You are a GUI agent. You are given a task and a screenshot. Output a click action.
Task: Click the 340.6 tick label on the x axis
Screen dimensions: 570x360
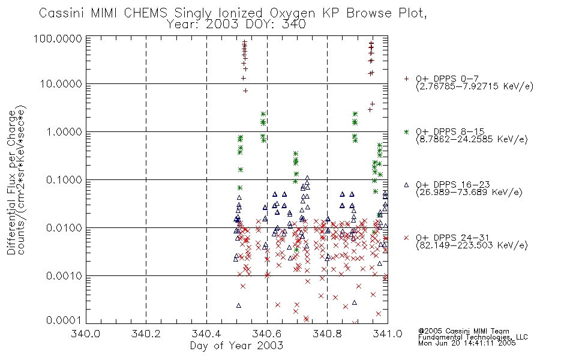click(267, 334)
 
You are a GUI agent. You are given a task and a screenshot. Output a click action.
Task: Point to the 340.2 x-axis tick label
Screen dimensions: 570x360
click(146, 334)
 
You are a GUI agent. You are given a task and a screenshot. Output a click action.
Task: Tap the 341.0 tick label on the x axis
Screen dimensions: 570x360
click(388, 334)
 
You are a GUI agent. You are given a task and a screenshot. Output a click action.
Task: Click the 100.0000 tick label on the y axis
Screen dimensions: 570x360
click(58, 38)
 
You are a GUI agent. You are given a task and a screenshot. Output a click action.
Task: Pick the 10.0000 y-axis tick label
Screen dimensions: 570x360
click(61, 84)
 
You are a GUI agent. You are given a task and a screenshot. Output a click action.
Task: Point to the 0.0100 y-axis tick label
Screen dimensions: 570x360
click(64, 228)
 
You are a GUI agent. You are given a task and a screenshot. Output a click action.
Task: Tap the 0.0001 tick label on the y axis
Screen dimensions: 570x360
click(64, 320)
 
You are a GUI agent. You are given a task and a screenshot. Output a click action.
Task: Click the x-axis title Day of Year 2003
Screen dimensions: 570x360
click(236, 346)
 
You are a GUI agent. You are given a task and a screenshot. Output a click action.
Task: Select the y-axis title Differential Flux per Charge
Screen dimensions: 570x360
click(11, 182)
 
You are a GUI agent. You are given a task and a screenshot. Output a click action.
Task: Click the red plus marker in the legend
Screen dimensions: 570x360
click(406, 79)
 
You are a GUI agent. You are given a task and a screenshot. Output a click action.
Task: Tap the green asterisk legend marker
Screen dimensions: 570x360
click(406, 131)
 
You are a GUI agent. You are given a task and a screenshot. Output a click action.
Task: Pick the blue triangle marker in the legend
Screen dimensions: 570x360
click(406, 185)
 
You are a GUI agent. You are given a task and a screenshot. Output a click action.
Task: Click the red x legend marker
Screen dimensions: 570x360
click(406, 238)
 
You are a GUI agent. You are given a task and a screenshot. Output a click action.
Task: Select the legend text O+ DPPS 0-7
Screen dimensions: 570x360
click(448, 79)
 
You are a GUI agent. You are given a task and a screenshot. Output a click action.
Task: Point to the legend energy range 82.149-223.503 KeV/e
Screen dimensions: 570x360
click(472, 245)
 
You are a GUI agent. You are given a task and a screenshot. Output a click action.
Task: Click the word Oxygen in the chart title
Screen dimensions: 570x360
click(293, 13)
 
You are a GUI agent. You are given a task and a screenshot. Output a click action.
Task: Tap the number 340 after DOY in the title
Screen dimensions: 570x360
click(294, 25)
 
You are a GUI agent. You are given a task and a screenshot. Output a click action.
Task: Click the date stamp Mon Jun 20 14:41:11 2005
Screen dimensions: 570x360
click(467, 343)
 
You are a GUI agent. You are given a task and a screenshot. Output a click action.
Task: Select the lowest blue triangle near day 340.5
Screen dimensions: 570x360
click(238, 305)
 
